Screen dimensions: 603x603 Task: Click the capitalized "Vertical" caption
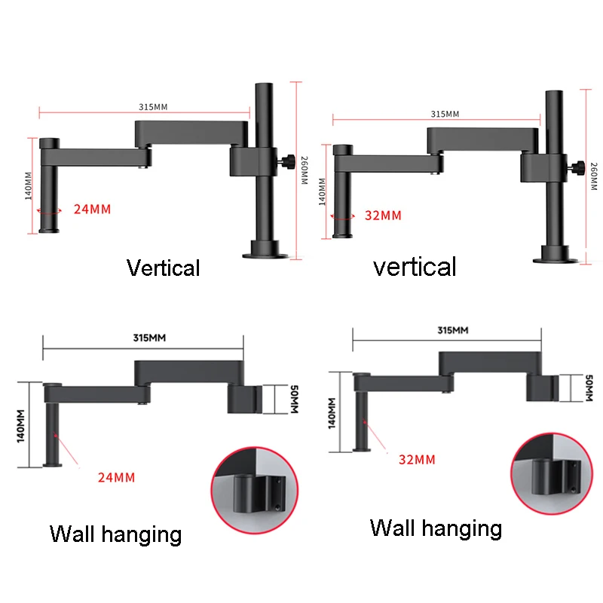[x=163, y=268]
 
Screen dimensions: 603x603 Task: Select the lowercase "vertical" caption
[x=415, y=266]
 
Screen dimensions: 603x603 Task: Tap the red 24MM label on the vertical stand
[x=92, y=209]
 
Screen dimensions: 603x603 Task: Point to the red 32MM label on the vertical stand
[x=382, y=215]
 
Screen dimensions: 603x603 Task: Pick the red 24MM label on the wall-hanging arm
[x=116, y=476]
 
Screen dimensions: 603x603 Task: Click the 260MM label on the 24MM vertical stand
[x=304, y=170]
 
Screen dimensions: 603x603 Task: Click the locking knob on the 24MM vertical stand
[x=288, y=160]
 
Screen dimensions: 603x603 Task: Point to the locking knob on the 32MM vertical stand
[x=577, y=166]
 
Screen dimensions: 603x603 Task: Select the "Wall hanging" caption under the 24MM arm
[x=115, y=534]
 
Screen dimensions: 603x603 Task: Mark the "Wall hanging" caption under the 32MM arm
[x=436, y=528]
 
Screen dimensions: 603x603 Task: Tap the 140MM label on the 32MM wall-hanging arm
[x=332, y=411]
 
